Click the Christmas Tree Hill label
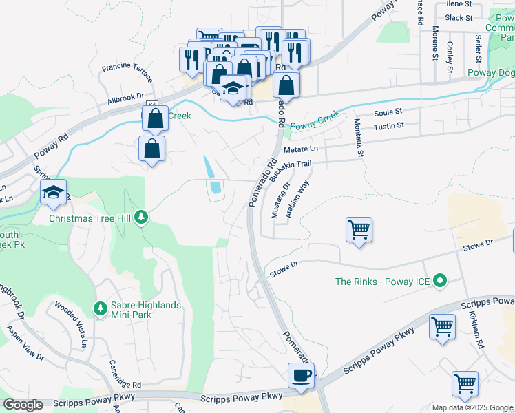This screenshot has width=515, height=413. tap(90, 218)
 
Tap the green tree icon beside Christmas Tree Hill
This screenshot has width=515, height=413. tap(141, 218)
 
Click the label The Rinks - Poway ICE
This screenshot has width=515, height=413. tap(383, 282)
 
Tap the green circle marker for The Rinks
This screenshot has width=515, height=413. tap(441, 281)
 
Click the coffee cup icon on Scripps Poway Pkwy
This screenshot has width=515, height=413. tap(302, 376)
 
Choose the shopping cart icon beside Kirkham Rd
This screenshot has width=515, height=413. tap(442, 326)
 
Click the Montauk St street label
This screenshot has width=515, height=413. tap(357, 138)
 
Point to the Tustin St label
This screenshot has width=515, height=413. tap(388, 127)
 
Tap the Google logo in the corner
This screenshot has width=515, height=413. tap(23, 405)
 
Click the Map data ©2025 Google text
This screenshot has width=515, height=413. tap(472, 407)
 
